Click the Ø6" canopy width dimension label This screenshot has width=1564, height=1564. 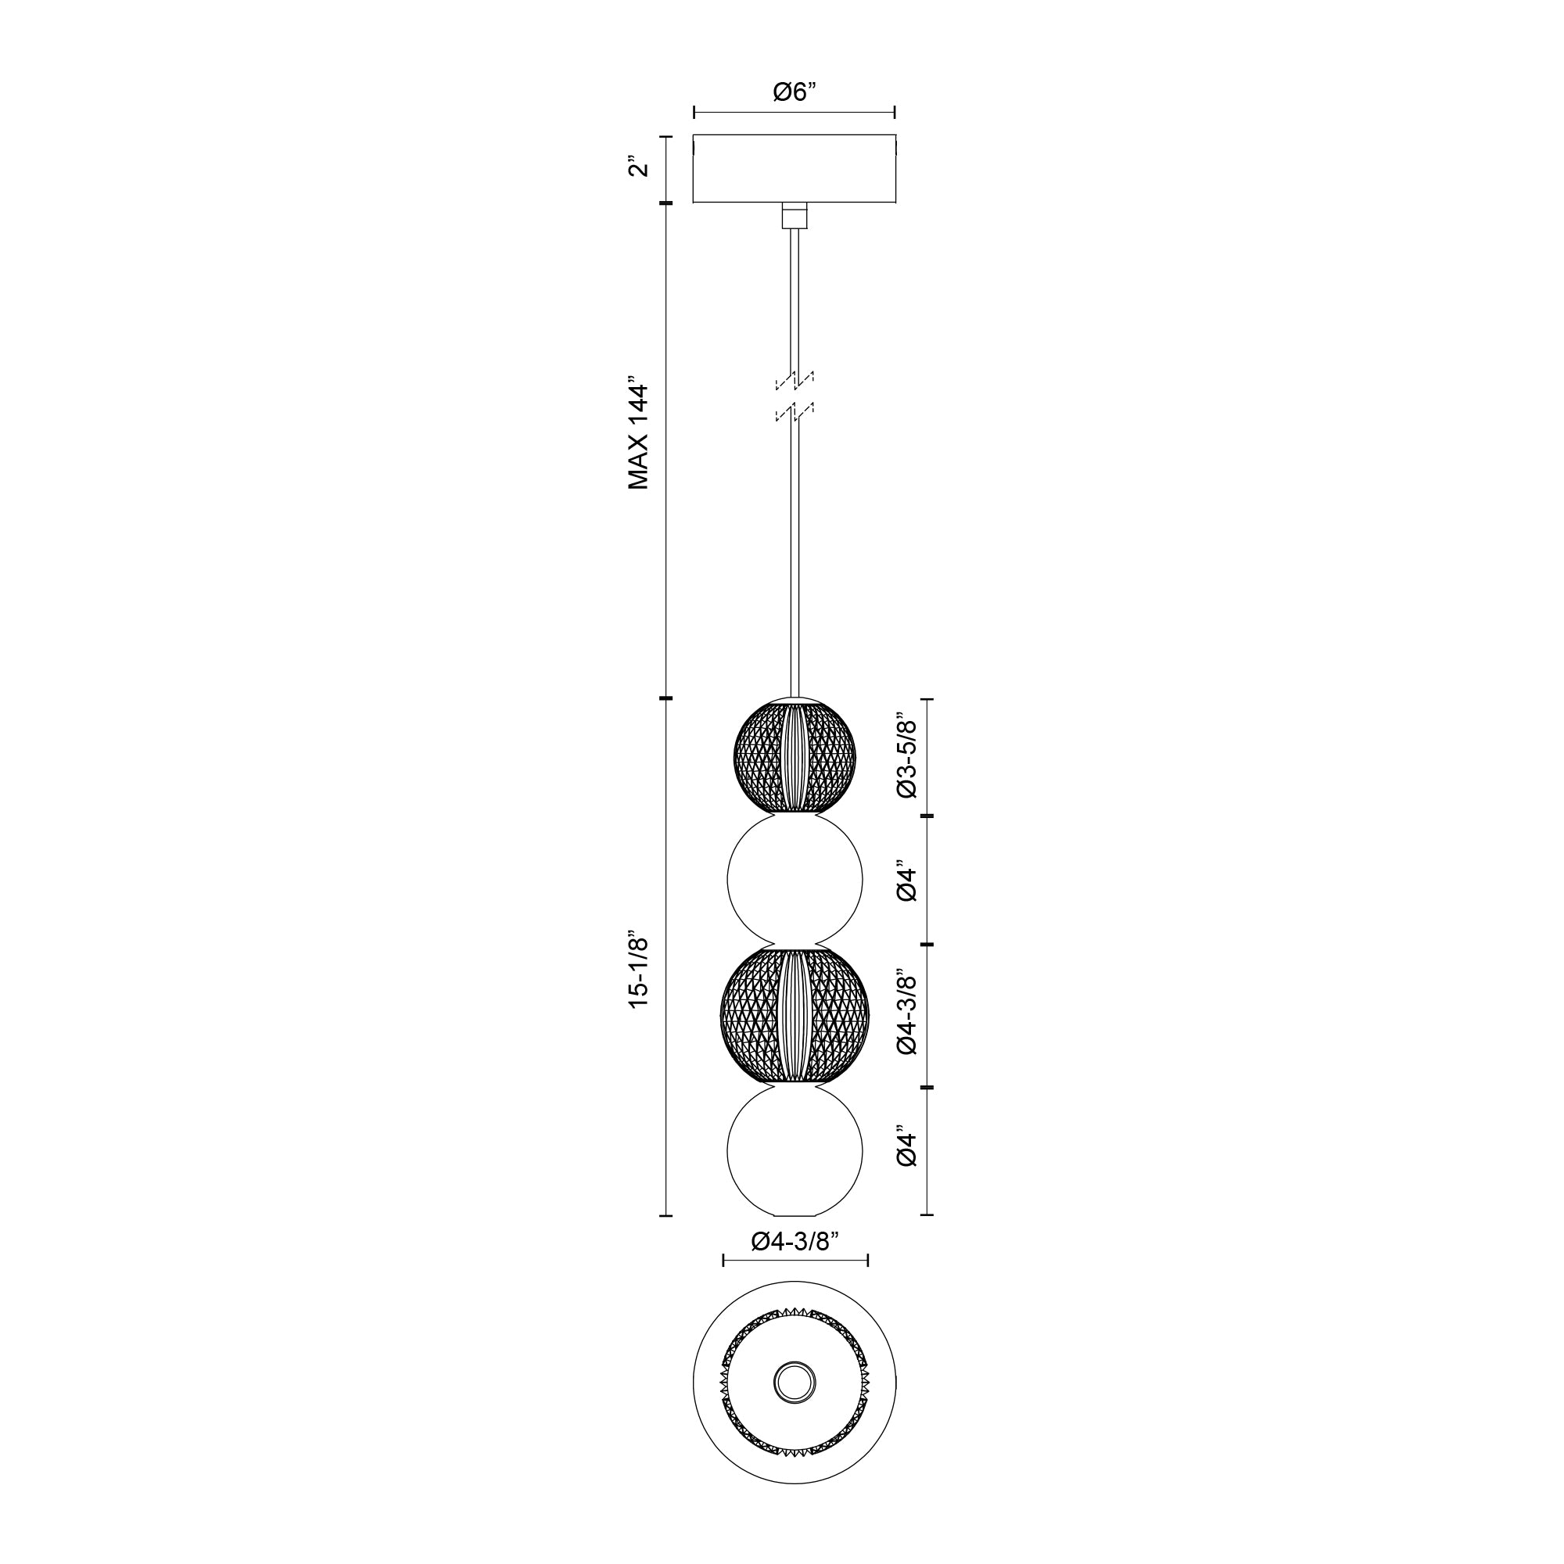point(795,92)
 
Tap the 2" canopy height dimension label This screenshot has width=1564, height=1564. point(640,168)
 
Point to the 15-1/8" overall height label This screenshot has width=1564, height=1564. point(640,970)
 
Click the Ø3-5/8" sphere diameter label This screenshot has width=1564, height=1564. point(907,756)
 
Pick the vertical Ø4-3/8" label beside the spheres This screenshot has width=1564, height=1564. point(907,1013)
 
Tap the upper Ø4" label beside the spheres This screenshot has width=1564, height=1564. point(907,884)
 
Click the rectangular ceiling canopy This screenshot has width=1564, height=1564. point(795,168)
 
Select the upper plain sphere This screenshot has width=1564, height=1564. point(795,881)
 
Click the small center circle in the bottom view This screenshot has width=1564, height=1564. point(795,1381)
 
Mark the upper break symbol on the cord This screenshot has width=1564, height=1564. point(795,378)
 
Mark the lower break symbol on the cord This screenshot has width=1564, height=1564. point(795,414)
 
